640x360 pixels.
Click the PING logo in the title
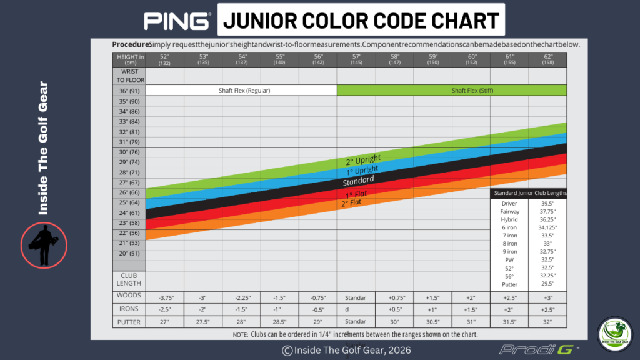pyautogui.click(x=177, y=21)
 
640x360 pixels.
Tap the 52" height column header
pyautogui.click(x=164, y=59)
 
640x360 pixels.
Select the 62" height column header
pyautogui.click(x=547, y=59)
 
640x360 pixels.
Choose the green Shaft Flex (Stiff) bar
pyautogui.click(x=452, y=91)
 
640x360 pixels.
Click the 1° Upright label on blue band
pyautogui.click(x=362, y=169)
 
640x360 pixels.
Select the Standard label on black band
pyautogui.click(x=358, y=181)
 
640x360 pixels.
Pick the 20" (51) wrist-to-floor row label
pyautogui.click(x=129, y=253)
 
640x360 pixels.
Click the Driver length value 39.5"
pyautogui.click(x=547, y=203)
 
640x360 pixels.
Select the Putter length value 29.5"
pyautogui.click(x=547, y=284)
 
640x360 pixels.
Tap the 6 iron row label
pyautogui.click(x=509, y=227)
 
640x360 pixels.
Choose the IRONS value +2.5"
pyautogui.click(x=547, y=309)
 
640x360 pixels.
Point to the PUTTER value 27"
pyautogui.click(x=164, y=322)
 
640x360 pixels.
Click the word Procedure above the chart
pyautogui.click(x=131, y=44)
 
